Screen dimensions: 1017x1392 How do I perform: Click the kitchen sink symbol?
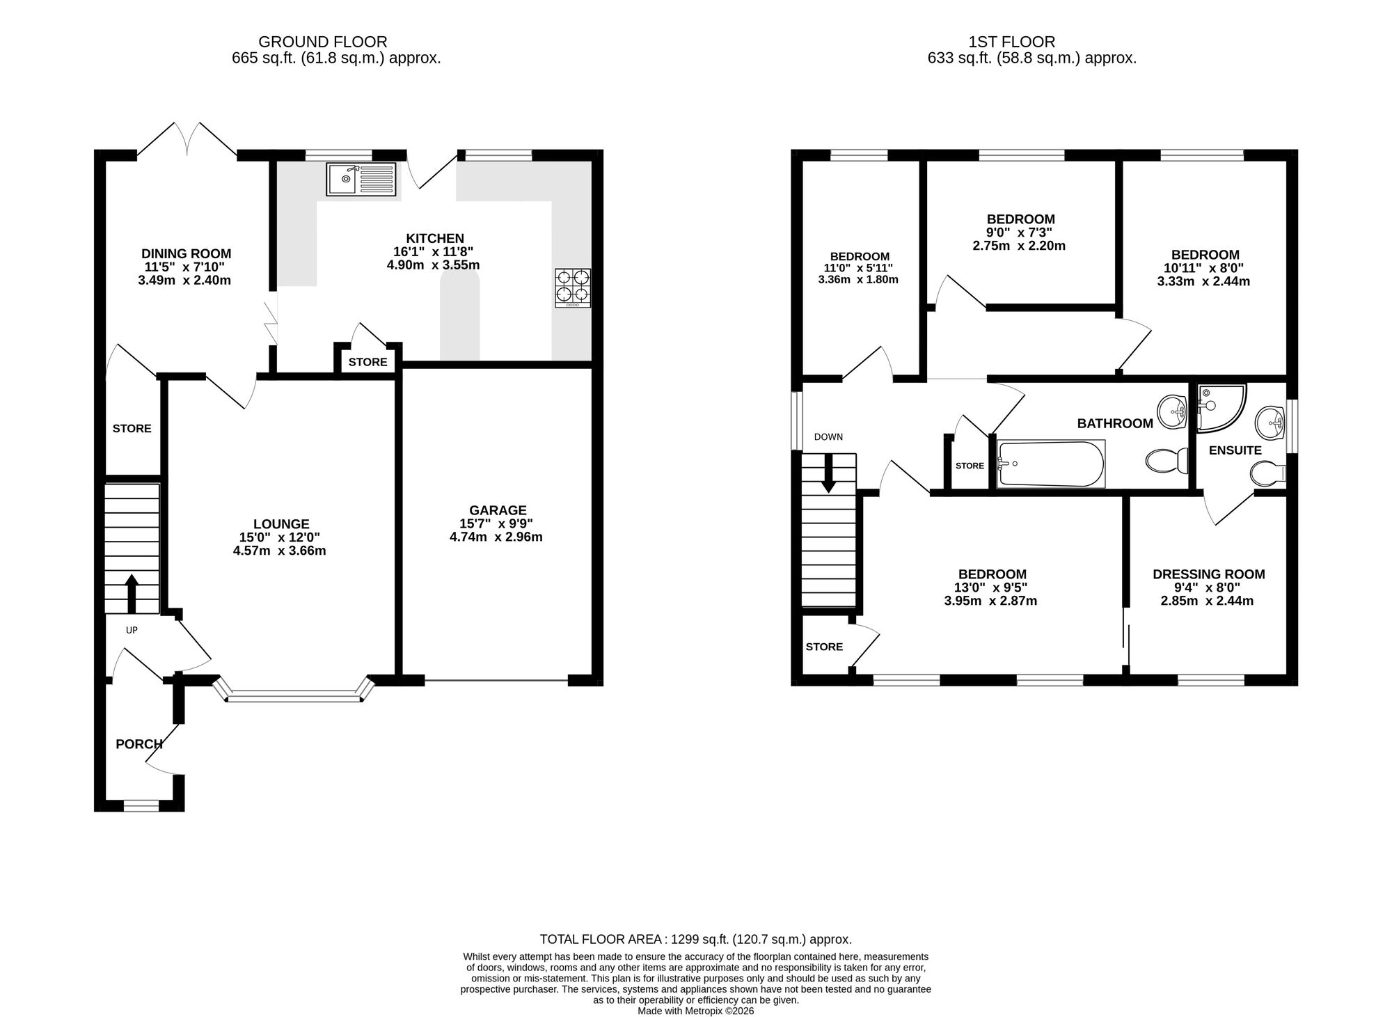coord(361,180)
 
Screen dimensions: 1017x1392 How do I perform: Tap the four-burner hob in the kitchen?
coord(573,287)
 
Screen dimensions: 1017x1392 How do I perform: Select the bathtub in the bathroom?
coord(1050,464)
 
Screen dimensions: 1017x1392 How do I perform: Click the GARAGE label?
coord(497,510)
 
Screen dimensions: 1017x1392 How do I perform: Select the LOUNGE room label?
coord(280,524)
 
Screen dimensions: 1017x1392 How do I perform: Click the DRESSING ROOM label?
coord(1208,574)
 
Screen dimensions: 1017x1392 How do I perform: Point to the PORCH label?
coord(139,744)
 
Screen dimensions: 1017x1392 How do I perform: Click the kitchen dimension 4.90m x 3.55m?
coord(433,265)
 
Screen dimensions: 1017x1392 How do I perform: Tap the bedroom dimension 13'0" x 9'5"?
coord(991,588)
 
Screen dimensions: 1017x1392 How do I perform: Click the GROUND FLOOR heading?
coord(322,42)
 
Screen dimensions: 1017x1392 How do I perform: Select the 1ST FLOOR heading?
coord(1011,42)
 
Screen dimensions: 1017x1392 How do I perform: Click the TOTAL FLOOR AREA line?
coord(695,939)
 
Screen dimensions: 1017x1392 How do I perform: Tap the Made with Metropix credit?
coord(695,1011)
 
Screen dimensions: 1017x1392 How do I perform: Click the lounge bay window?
coord(293,695)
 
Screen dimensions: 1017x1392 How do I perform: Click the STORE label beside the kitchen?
coord(367,362)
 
